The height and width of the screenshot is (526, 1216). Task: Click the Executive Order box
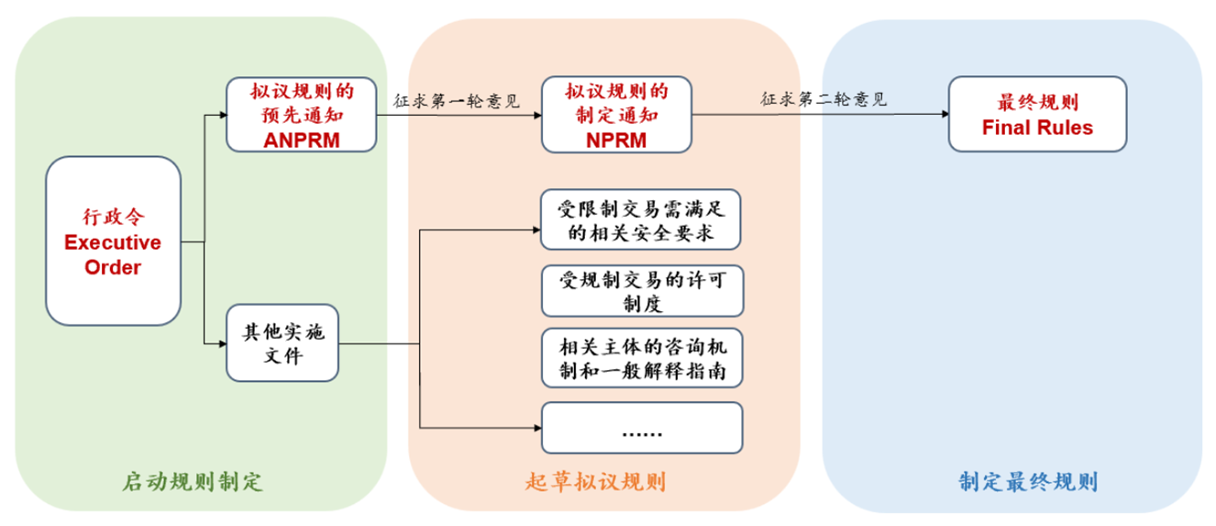point(113,241)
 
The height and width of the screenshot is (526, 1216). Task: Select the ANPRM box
point(302,115)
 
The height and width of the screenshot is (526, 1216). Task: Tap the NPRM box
point(616,115)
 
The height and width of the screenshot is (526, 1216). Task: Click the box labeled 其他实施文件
point(282,342)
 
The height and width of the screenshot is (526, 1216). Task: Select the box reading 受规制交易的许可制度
point(641,291)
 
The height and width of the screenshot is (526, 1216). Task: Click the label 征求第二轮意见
point(823,99)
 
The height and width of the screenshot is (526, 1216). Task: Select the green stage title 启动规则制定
point(192,482)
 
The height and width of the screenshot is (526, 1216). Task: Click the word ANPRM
point(302,140)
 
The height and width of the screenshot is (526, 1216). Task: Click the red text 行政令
point(113,218)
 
